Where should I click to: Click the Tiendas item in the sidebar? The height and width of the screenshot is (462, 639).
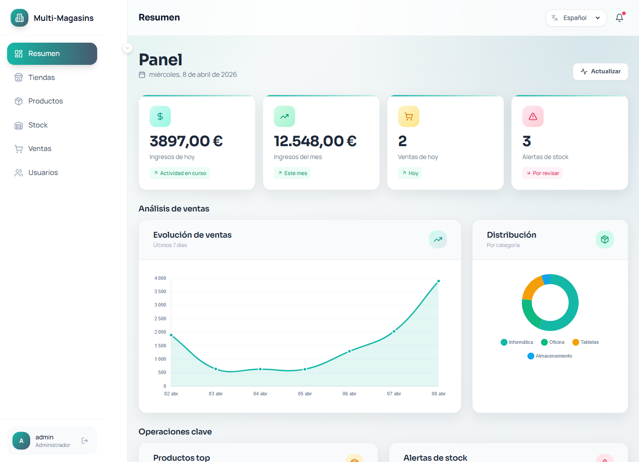(x=41, y=77)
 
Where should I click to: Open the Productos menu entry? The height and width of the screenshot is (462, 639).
(x=45, y=101)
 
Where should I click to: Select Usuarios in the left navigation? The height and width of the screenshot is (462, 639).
(x=43, y=173)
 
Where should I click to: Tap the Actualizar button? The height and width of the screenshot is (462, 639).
(x=600, y=72)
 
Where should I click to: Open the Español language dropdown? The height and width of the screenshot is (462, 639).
(x=576, y=18)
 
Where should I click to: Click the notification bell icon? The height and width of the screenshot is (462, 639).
(x=619, y=18)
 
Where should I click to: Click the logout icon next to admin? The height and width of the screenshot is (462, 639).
(x=85, y=441)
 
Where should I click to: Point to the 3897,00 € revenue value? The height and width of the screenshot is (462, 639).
(x=186, y=141)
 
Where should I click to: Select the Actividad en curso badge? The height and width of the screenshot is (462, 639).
(x=180, y=173)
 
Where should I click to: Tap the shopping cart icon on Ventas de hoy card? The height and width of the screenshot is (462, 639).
(x=409, y=116)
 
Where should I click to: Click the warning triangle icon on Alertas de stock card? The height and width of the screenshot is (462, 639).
(x=533, y=116)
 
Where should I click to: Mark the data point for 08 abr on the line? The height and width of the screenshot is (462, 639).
(x=438, y=281)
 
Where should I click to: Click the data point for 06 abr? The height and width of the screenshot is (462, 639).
(x=350, y=351)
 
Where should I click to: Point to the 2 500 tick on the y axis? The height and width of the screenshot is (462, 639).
(x=160, y=319)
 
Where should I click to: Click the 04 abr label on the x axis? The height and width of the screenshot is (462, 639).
(x=260, y=394)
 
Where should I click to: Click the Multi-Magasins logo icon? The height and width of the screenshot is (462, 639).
(x=20, y=18)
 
